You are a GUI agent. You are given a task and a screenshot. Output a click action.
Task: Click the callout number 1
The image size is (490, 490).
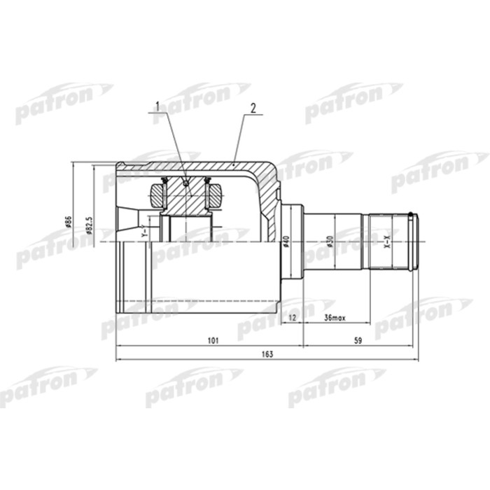pyautogui.click(x=157, y=107)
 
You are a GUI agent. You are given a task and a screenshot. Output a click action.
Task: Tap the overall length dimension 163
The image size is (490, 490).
pyautogui.click(x=267, y=355)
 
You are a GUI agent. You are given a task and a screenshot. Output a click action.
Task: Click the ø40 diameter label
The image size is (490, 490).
pyautogui.click(x=286, y=242)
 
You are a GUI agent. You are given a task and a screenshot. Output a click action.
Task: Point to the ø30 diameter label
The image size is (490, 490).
pyautogui.click(x=330, y=242)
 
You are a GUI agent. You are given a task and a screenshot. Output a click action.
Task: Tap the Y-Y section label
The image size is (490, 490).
pyautogui.click(x=143, y=231)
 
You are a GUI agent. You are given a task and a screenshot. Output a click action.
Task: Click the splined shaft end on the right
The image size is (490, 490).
pyautogui.click(x=391, y=241)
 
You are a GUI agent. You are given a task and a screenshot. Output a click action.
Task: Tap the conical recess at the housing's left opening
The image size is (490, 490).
pyautogui.click(x=132, y=217)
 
